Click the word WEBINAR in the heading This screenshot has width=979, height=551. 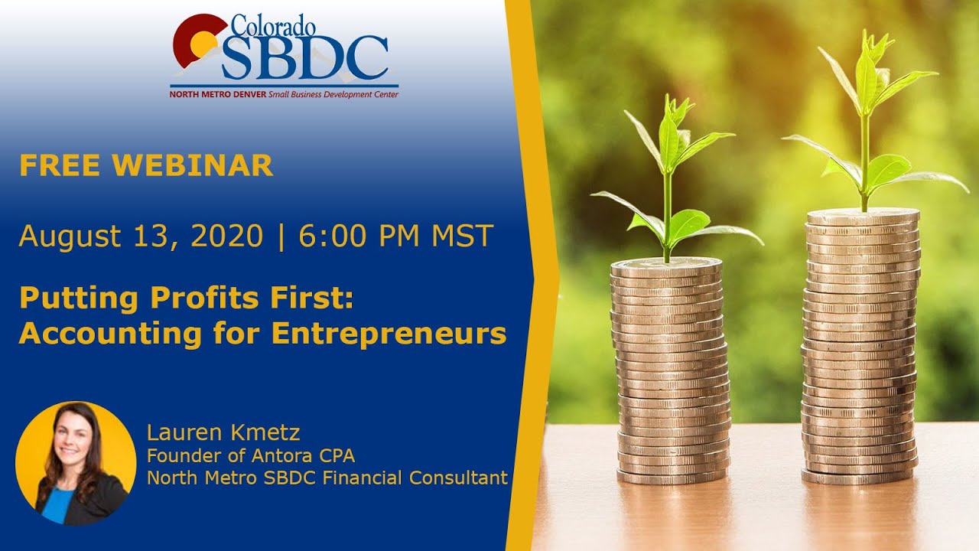pos(198,165)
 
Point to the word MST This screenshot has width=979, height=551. pos(462,236)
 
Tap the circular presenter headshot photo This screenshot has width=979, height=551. pos(76,462)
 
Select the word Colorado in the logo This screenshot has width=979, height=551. pos(273,25)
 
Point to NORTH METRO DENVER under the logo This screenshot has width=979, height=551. pos(218,94)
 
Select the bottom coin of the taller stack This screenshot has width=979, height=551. pos(858,477)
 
